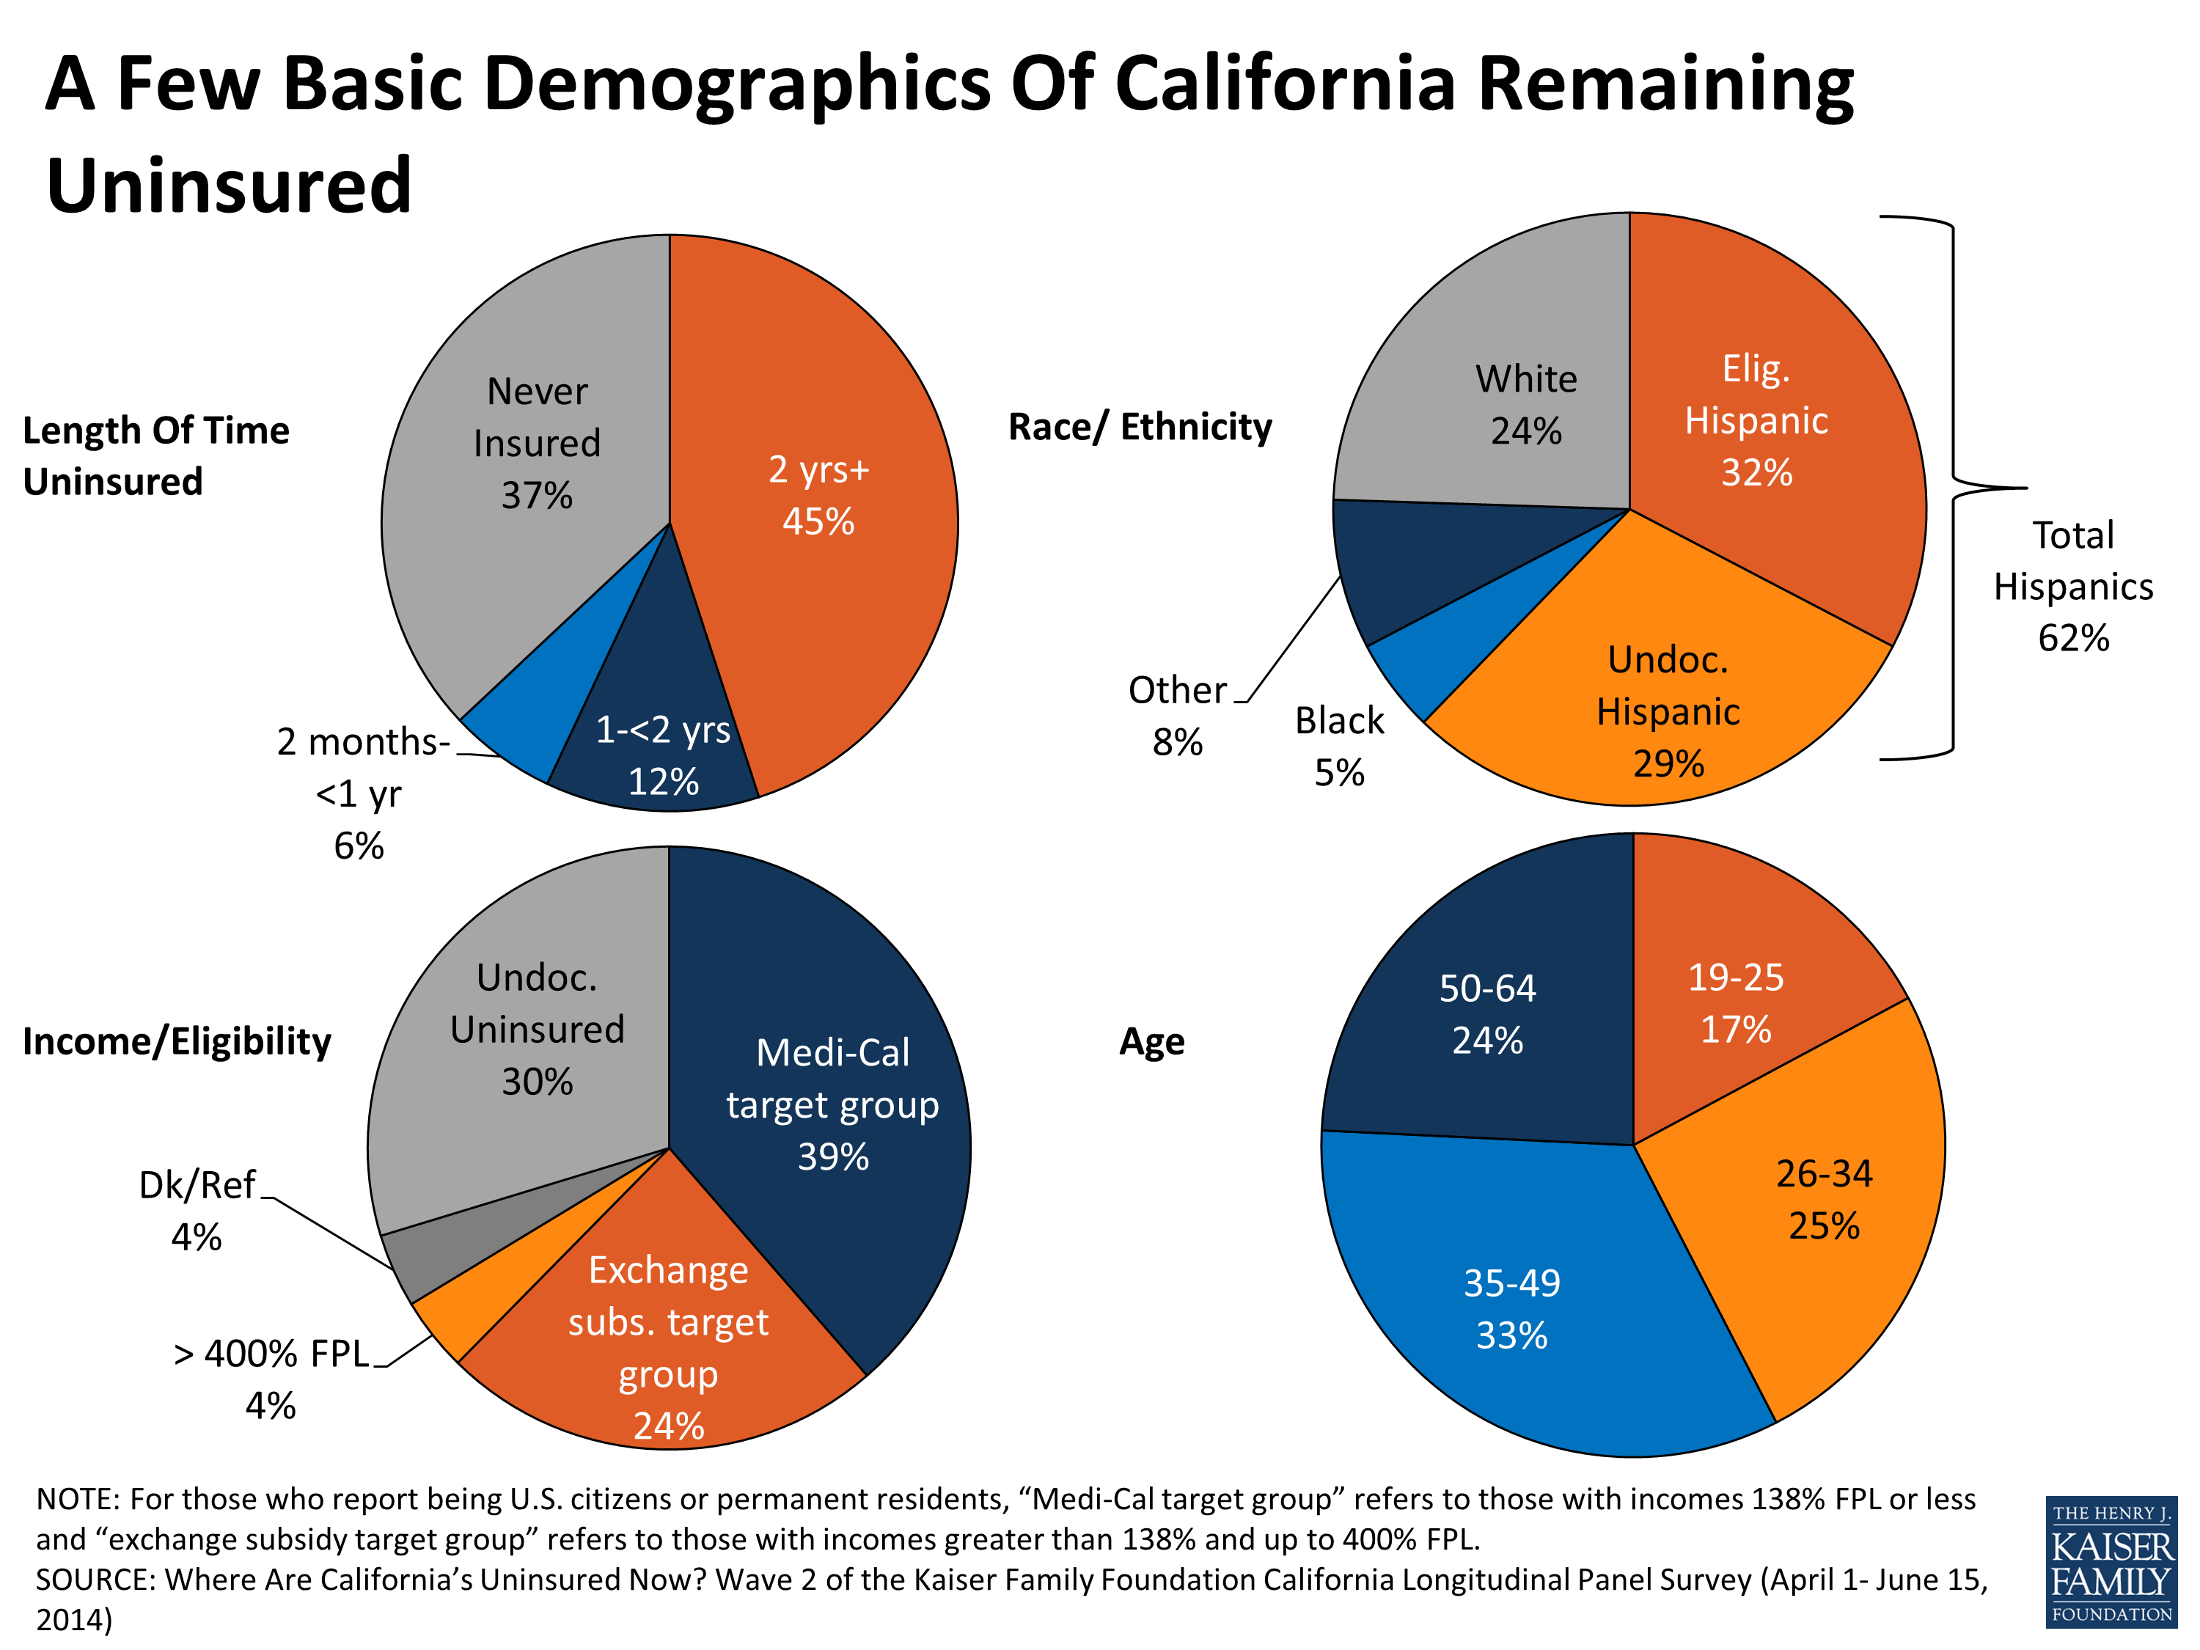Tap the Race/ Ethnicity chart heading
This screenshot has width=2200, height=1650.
1140,427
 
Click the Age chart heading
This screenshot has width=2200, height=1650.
1152,1041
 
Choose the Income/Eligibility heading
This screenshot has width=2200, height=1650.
176,1041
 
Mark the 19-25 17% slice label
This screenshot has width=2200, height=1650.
1736,1002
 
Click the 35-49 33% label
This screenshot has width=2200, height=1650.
1511,1309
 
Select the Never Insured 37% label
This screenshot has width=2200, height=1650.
537,443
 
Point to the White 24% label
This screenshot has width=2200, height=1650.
1525,405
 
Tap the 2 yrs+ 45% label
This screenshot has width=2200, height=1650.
818,495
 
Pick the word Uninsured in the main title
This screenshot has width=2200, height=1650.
229,186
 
